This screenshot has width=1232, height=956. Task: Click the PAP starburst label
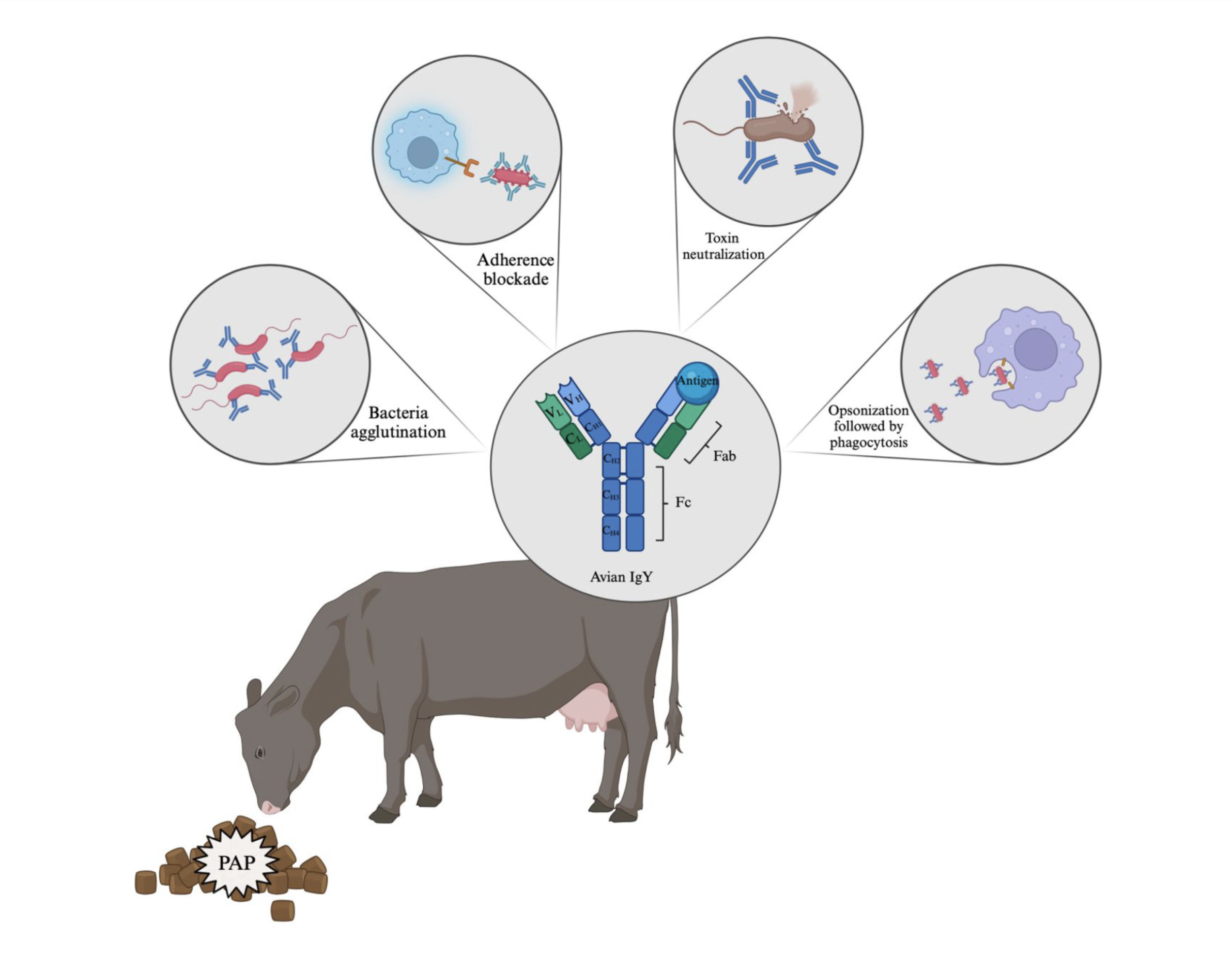tap(237, 862)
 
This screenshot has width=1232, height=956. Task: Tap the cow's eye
tap(260, 752)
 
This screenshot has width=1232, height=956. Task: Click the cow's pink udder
tap(587, 708)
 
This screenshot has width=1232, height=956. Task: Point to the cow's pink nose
tap(270, 807)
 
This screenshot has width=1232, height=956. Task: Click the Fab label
tap(725, 456)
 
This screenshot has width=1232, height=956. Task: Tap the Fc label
tap(683, 502)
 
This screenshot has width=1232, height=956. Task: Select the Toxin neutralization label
tap(723, 246)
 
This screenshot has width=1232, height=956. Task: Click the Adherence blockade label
tap(516, 269)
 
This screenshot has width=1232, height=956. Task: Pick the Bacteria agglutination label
tap(398, 422)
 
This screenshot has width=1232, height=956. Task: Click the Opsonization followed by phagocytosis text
tap(868, 426)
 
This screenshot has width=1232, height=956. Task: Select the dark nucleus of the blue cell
tap(423, 152)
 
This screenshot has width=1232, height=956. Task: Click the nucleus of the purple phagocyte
tap(1035, 349)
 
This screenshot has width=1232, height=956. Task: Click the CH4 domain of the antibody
tap(611, 532)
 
